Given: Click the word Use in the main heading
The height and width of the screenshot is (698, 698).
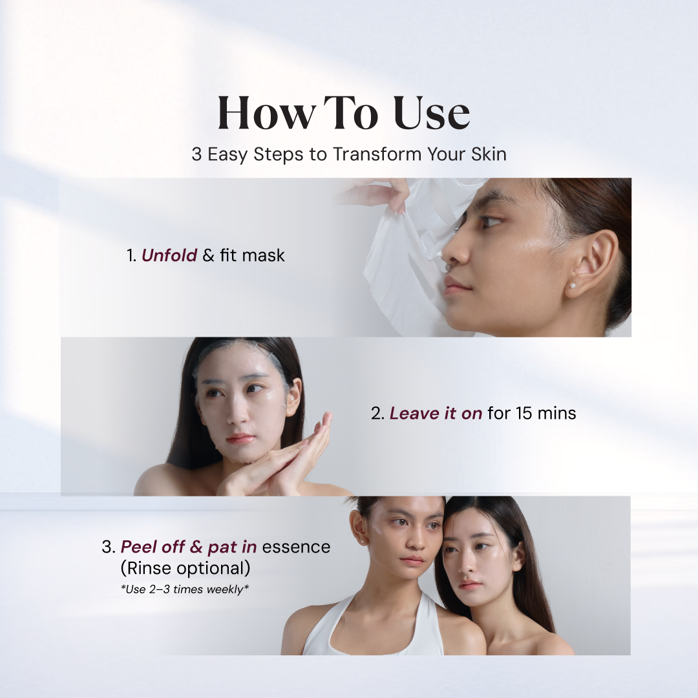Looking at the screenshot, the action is (x=431, y=113).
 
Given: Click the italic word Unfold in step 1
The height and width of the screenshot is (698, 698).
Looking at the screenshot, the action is (x=169, y=255).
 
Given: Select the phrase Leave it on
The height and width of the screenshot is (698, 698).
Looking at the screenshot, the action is (x=436, y=414).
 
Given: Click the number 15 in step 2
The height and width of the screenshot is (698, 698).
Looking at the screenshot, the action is (x=524, y=414).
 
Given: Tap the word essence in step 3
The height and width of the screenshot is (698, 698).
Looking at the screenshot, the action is (x=296, y=547).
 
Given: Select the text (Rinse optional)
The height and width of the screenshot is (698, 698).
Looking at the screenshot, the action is (x=185, y=569).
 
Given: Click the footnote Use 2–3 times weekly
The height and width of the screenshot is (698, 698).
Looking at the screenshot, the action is (x=185, y=589).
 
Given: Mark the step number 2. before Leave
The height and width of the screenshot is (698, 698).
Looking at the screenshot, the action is (x=377, y=414).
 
